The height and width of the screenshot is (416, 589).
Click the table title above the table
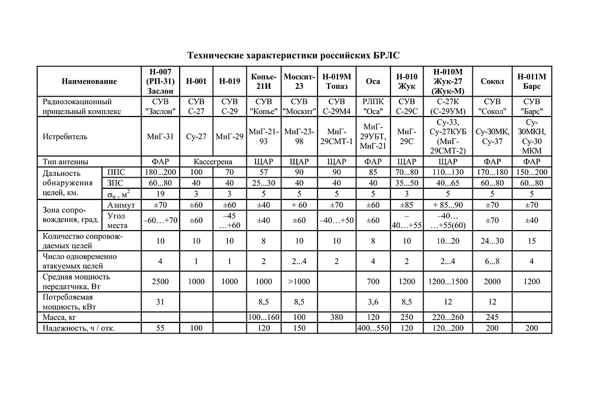point(293,55)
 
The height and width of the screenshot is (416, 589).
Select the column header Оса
point(372,82)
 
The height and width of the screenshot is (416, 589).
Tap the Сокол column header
point(492,82)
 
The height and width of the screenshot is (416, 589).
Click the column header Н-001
point(196,82)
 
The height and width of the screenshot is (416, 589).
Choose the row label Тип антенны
point(66,161)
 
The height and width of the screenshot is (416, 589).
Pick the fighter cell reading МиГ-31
point(160,137)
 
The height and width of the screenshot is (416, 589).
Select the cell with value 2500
point(160,281)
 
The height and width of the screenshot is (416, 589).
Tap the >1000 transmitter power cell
point(299,281)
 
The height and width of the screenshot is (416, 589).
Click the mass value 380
point(336,318)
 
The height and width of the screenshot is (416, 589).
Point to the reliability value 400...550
point(372,328)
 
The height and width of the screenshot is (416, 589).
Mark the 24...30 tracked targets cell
point(492,240)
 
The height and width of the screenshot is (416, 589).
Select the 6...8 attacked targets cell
point(492,261)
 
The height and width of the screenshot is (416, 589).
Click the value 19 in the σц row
point(160,193)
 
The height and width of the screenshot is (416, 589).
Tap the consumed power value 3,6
point(372,302)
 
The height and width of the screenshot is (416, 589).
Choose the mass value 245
point(492,318)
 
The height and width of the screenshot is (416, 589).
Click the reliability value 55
point(160,328)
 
